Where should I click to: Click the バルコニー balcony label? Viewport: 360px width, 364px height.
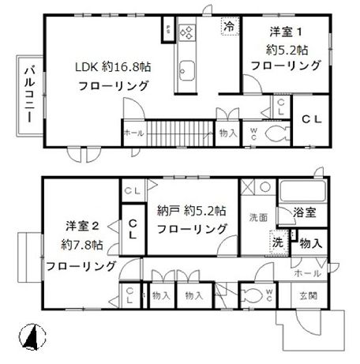click(x=27, y=92)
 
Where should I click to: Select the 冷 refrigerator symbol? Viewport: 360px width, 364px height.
click(x=229, y=26)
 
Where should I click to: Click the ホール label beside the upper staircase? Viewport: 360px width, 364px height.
click(x=133, y=133)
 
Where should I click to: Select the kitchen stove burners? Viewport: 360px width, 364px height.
click(x=189, y=33)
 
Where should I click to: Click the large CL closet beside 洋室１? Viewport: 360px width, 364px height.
click(x=313, y=119)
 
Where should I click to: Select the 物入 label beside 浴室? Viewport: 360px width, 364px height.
click(x=310, y=242)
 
